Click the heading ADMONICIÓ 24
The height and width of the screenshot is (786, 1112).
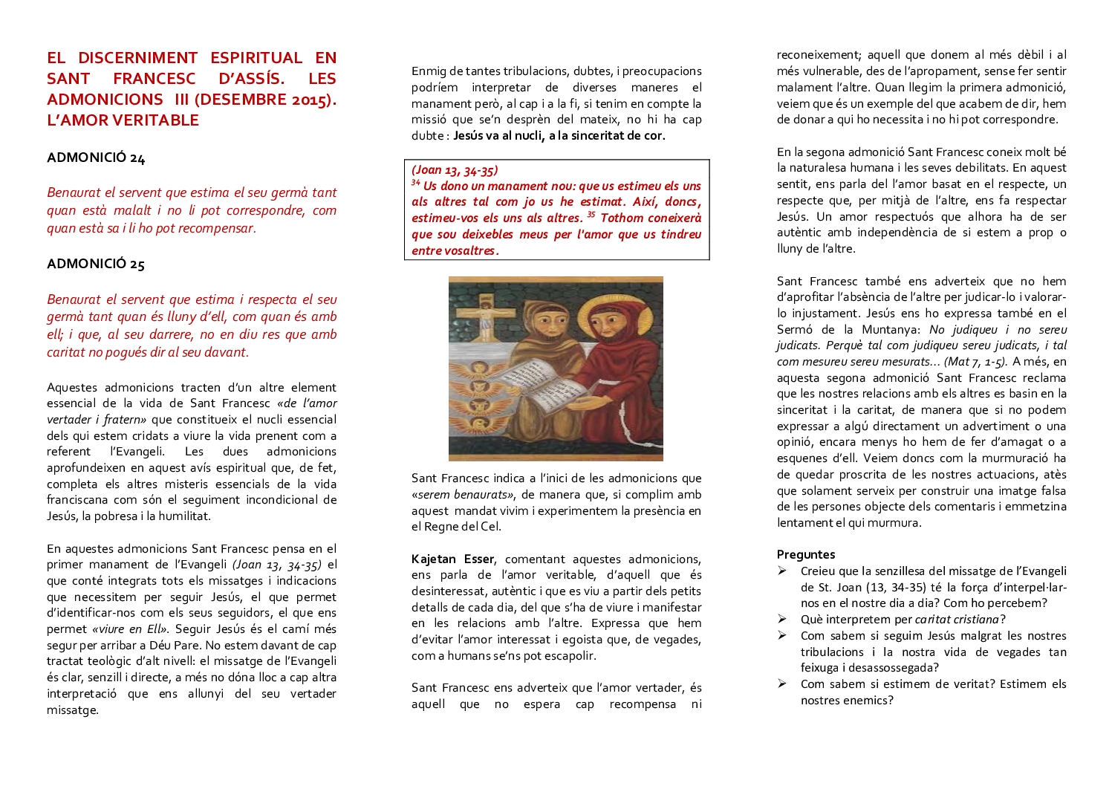tap(96, 157)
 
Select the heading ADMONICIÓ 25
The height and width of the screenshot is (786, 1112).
tap(96, 264)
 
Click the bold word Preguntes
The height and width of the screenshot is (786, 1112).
tap(806, 554)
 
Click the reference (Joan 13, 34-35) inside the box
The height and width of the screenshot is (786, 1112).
tap(455, 170)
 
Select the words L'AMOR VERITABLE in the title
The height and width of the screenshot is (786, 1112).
tap(123, 120)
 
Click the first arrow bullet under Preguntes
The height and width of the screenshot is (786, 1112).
tap(782, 571)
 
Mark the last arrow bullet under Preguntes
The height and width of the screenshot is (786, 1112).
tap(782, 683)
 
